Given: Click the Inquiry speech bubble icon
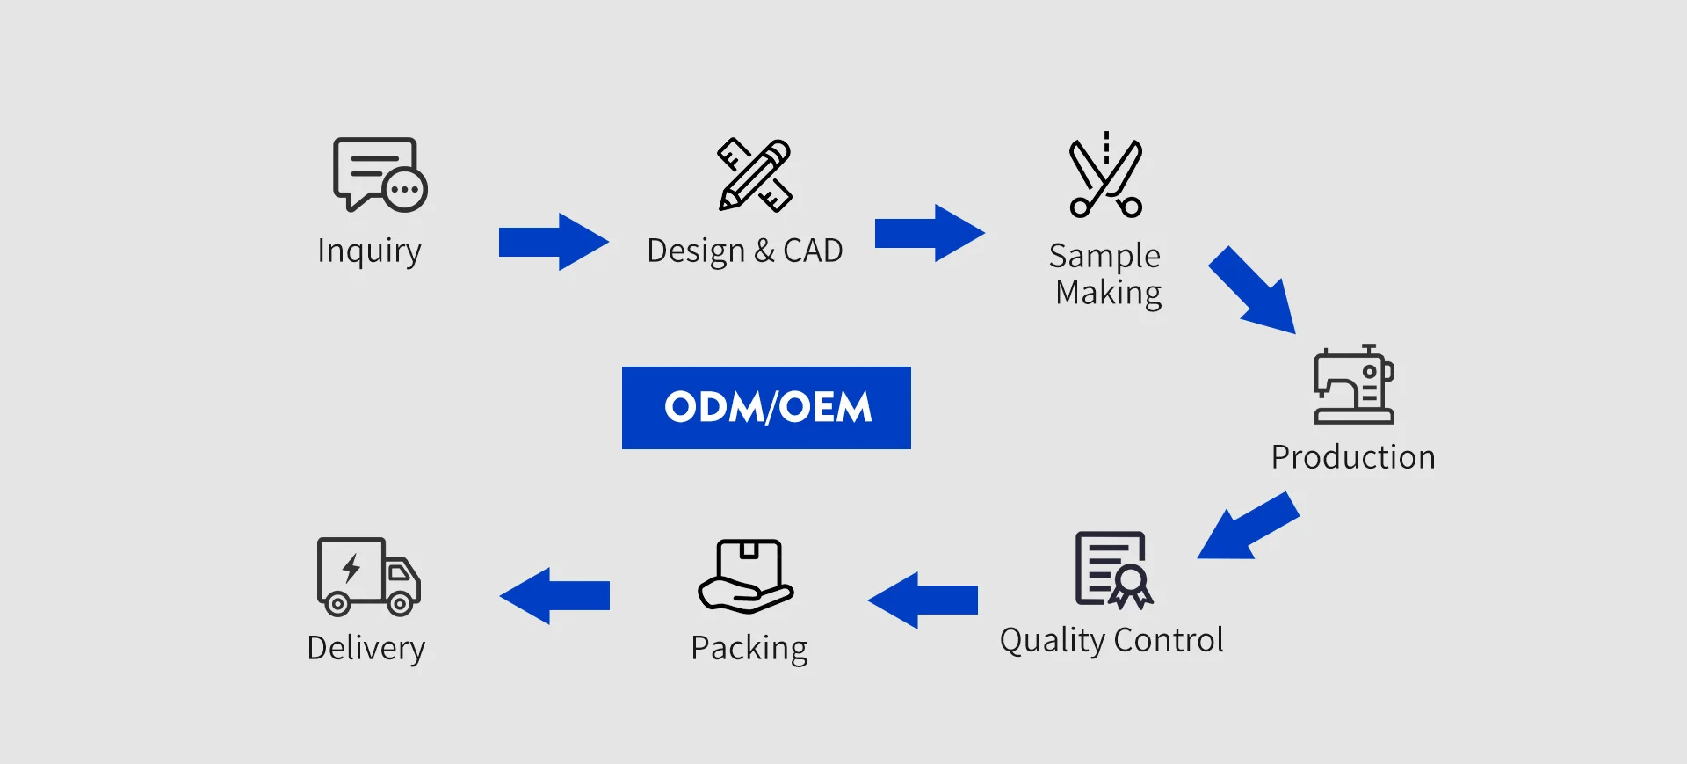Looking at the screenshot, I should (x=379, y=174).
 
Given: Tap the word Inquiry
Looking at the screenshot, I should (x=369, y=251).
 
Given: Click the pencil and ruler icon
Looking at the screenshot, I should (x=755, y=175).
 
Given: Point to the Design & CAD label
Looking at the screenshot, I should (x=744, y=251).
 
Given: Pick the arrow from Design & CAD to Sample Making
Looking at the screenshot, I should (x=930, y=234).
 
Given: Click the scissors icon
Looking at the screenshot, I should (x=1105, y=177).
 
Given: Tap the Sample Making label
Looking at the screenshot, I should (x=1107, y=274).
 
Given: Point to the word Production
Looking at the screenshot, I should (x=1353, y=457).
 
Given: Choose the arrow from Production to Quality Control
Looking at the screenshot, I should (x=1248, y=527).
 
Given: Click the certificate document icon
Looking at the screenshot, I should (x=1113, y=570).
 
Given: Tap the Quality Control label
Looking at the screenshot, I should (x=1111, y=640).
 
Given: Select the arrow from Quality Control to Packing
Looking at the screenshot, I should (x=923, y=600).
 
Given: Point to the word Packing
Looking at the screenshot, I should (x=749, y=648).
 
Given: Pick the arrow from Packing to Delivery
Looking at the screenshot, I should (x=554, y=596).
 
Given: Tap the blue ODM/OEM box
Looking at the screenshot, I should (x=766, y=408).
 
